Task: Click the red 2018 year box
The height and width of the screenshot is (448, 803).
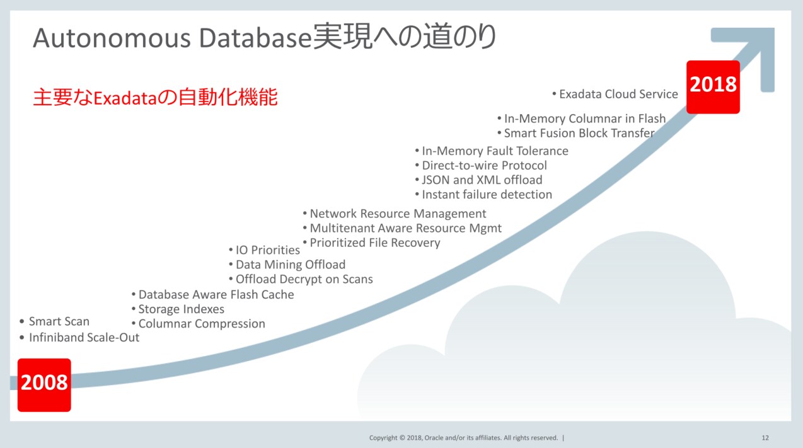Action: click(x=713, y=86)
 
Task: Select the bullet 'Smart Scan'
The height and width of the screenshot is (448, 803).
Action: click(x=59, y=322)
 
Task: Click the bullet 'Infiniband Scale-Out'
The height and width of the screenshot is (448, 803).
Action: click(x=84, y=338)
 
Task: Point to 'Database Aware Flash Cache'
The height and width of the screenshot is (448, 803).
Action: click(x=216, y=295)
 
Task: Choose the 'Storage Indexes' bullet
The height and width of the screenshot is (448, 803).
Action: click(x=181, y=309)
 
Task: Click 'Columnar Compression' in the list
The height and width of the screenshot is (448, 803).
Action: click(x=202, y=324)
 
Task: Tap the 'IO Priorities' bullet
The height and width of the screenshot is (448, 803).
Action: click(x=268, y=250)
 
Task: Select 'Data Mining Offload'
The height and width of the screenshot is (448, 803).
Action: click(x=291, y=265)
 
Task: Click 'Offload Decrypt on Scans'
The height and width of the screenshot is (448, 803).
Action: click(x=304, y=279)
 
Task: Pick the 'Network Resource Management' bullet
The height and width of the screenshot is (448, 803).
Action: click(x=398, y=214)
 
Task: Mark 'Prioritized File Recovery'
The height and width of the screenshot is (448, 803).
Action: click(x=375, y=243)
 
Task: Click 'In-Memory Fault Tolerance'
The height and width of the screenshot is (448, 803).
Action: click(x=495, y=151)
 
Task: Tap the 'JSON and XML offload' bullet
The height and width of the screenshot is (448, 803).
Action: click(x=482, y=180)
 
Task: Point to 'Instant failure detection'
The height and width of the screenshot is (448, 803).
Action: click(x=487, y=195)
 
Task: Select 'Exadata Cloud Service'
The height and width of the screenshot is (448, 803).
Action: click(x=618, y=95)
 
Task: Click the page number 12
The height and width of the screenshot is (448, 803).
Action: click(x=765, y=437)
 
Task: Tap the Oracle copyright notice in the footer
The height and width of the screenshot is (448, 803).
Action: click(x=463, y=437)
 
